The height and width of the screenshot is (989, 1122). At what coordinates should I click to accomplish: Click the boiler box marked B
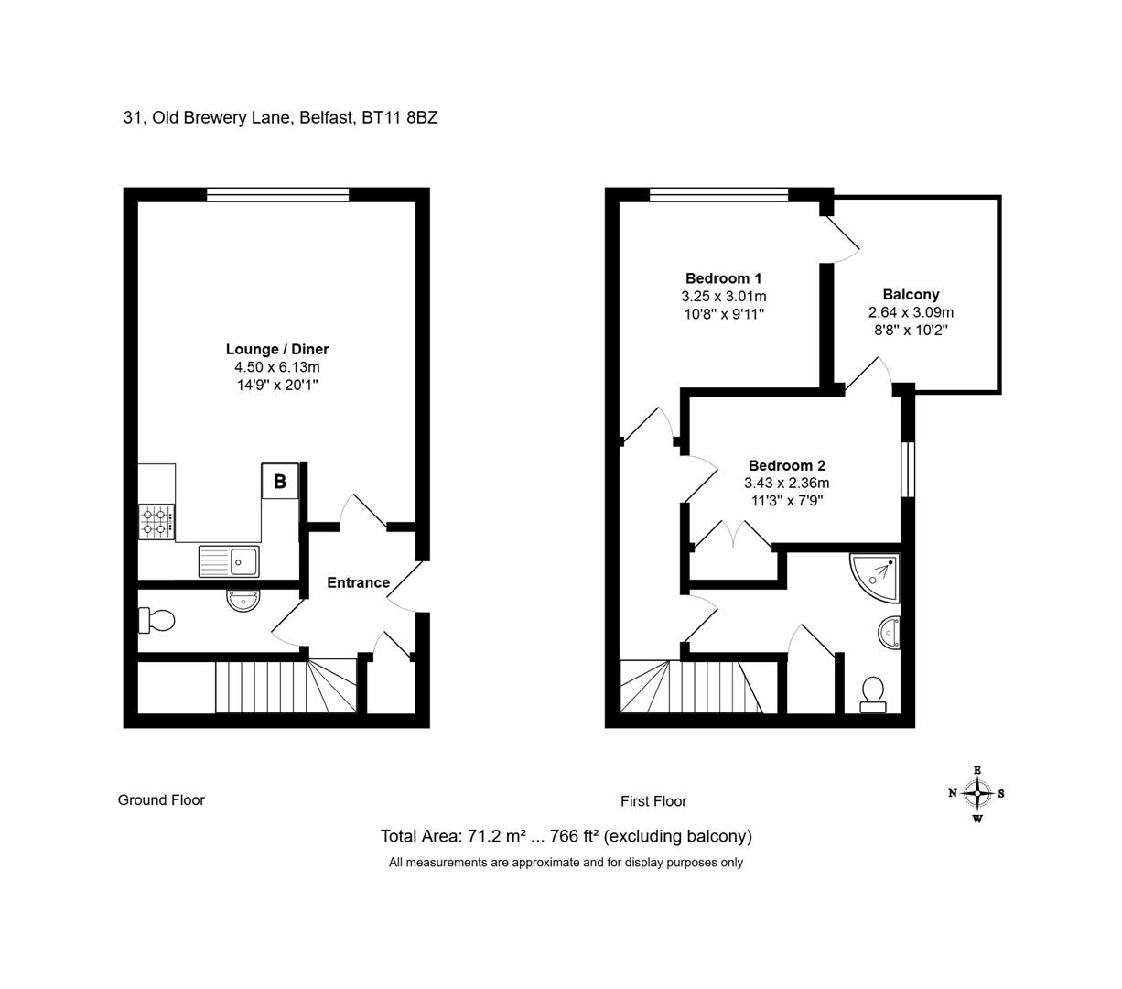279,480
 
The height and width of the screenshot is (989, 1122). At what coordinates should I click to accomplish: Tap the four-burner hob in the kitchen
156,521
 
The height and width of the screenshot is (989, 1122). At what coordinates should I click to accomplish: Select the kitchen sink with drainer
228,560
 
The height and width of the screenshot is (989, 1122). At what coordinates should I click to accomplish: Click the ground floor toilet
156,620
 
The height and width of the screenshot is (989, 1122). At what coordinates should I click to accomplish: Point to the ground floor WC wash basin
243,600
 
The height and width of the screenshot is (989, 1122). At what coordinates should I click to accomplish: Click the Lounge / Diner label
277,349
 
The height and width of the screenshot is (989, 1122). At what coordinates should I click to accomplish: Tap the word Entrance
358,582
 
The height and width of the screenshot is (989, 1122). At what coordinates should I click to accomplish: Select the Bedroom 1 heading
723,278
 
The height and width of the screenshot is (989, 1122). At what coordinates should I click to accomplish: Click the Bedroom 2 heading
786,465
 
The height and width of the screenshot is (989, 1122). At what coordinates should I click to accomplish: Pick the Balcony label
911,294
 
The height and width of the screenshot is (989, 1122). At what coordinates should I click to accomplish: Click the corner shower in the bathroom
875,577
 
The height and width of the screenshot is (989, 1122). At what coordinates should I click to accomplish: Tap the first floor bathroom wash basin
889,632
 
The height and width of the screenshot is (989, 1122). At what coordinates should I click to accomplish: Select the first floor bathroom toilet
873,694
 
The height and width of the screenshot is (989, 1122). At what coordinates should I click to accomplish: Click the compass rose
976,794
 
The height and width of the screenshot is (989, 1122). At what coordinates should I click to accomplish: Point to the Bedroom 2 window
907,469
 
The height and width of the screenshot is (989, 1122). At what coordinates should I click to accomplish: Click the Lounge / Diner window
278,194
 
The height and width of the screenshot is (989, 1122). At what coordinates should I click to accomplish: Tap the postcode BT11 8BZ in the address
399,117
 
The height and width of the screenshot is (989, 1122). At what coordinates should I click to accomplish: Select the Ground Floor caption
161,800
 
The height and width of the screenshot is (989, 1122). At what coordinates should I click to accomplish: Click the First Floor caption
653,801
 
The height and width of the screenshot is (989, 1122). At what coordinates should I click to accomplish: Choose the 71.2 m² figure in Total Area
496,835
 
